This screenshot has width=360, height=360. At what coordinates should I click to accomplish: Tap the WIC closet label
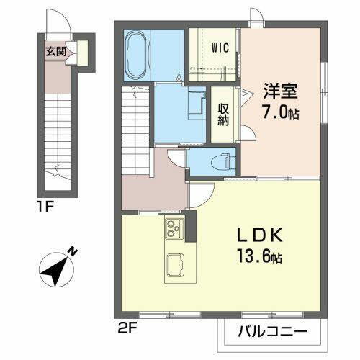(220, 49)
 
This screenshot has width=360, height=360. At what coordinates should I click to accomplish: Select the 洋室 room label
(279, 92)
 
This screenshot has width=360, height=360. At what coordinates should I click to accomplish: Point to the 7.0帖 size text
(281, 112)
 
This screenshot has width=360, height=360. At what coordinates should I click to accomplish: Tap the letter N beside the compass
(73, 251)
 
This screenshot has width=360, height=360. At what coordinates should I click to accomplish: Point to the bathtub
(137, 56)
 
